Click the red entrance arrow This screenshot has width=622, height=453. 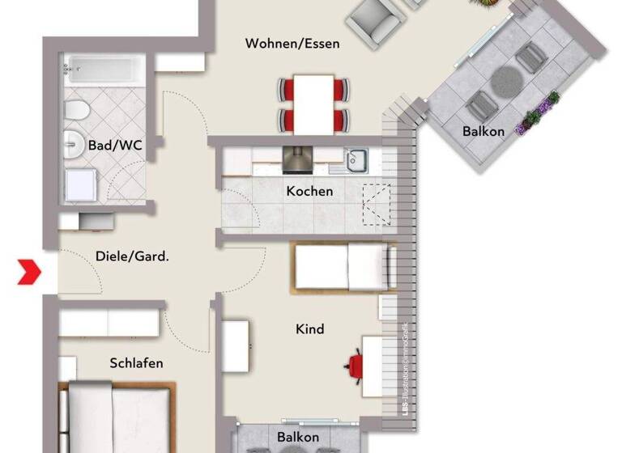[30, 273]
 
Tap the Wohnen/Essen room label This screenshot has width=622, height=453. [292, 44]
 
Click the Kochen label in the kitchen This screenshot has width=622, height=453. [309, 192]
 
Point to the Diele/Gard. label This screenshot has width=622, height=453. [132, 257]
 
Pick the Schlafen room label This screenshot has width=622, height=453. [136, 363]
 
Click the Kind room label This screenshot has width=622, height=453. [310, 329]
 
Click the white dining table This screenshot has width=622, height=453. [314, 103]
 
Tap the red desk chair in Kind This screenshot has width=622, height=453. [356, 366]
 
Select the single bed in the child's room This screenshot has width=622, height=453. [344, 267]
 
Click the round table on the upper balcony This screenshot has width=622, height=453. [508, 79]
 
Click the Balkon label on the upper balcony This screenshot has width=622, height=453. [484, 131]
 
